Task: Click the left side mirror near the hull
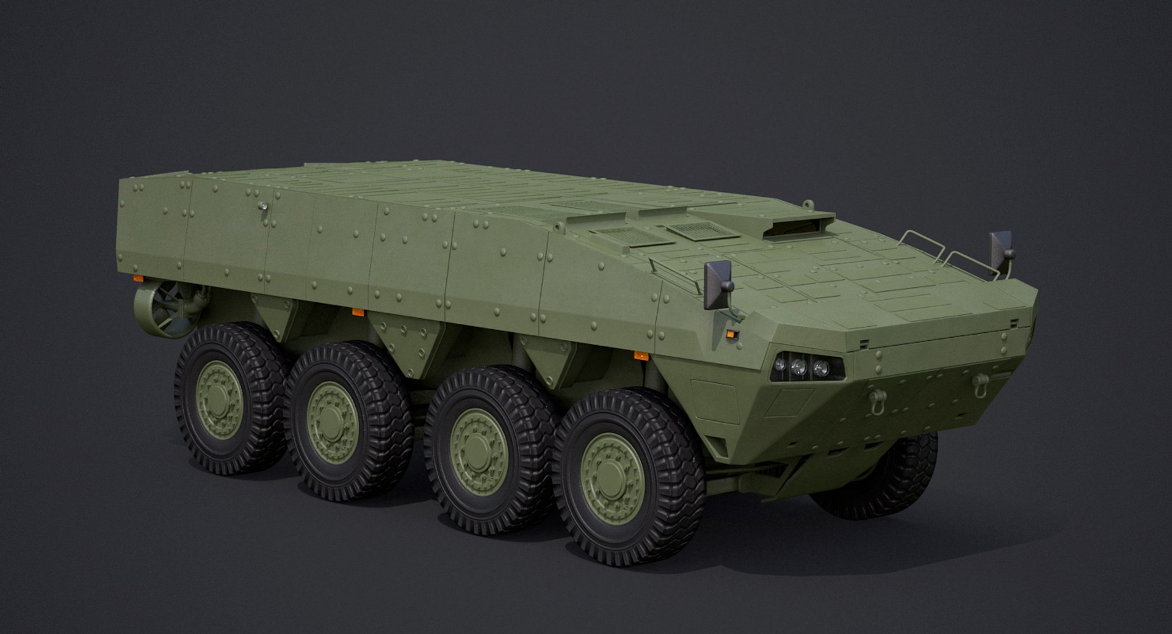(718, 285)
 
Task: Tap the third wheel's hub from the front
(332, 422)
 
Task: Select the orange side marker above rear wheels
(358, 313)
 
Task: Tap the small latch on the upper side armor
(263, 207)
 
